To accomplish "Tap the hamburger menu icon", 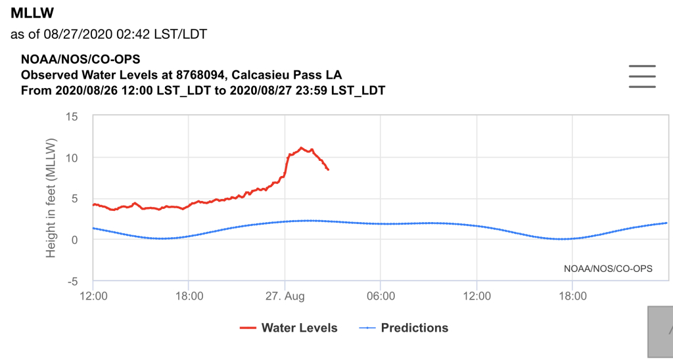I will [x=642, y=76].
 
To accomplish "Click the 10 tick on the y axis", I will [x=72, y=158].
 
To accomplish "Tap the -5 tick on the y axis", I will [x=73, y=281].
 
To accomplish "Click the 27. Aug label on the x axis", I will [x=285, y=297].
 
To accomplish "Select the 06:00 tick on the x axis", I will [x=381, y=297].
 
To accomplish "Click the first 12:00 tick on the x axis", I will [x=93, y=297].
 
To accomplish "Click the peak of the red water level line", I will [x=302, y=148].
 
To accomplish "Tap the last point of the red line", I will [x=328, y=169].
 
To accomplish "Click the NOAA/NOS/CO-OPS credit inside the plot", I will [x=599, y=268].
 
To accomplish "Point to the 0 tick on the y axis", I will [x=76, y=240].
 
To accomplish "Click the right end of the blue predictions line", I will [x=666, y=223].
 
